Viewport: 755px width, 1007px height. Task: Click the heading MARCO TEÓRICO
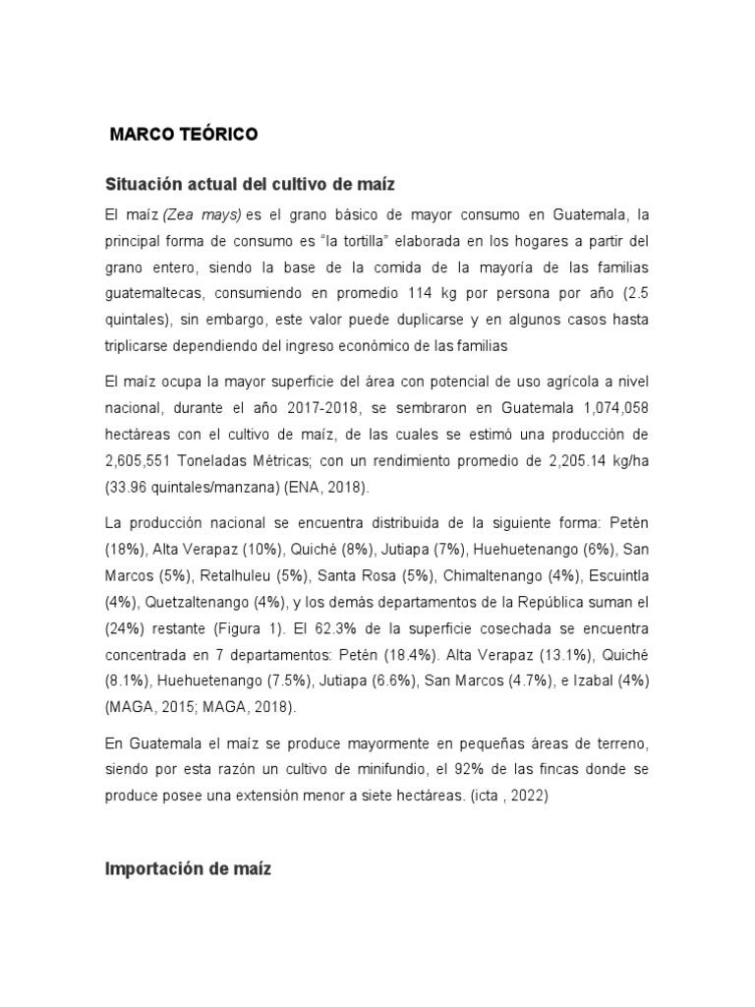coord(184,136)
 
